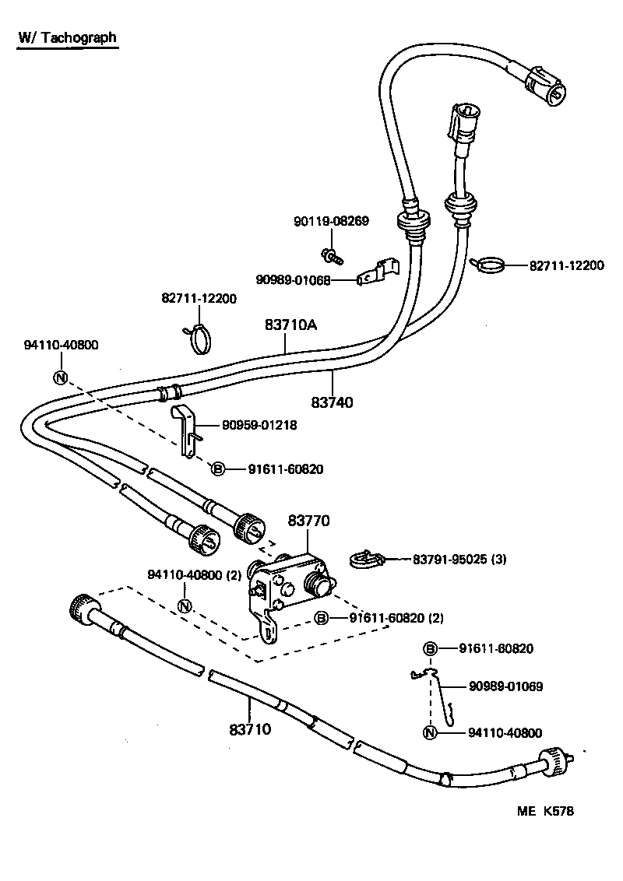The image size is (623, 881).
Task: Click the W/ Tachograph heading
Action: pyautogui.click(x=68, y=37)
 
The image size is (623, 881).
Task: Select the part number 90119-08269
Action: pyautogui.click(x=331, y=222)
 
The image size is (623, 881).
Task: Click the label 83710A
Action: pyautogui.click(x=290, y=328)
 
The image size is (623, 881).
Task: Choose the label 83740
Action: pyautogui.click(x=332, y=402)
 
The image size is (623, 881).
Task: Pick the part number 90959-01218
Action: pyautogui.click(x=259, y=426)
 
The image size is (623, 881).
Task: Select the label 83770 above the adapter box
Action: pyautogui.click(x=309, y=521)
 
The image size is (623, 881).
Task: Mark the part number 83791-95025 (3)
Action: pyautogui.click(x=459, y=559)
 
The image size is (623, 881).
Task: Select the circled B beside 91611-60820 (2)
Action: pyautogui.click(x=320, y=618)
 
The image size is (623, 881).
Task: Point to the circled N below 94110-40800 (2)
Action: pyautogui.click(x=185, y=606)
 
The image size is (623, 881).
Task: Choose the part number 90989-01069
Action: pyautogui.click(x=505, y=686)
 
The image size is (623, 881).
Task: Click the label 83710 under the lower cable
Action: pyautogui.click(x=250, y=729)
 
